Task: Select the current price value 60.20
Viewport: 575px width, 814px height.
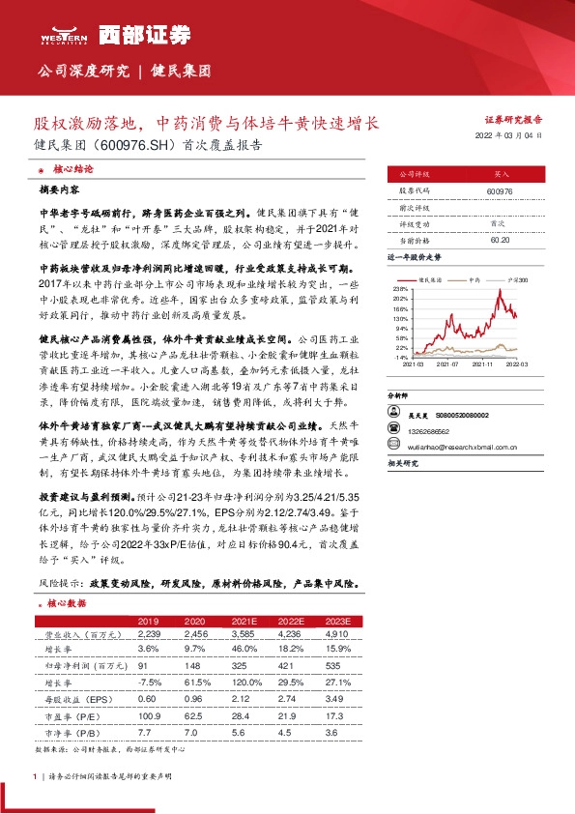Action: click(500, 240)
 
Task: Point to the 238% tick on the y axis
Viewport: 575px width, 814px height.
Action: click(399, 289)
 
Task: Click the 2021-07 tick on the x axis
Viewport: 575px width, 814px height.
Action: click(447, 364)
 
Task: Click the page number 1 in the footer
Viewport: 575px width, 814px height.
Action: click(35, 774)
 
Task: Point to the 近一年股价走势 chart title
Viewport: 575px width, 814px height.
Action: click(415, 258)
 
